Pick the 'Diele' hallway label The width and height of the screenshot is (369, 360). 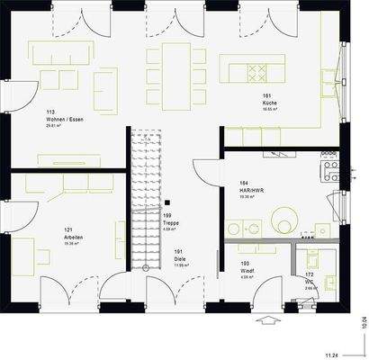[179, 258]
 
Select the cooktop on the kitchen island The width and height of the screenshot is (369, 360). [256, 70]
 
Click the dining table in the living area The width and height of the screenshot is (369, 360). [175, 68]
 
